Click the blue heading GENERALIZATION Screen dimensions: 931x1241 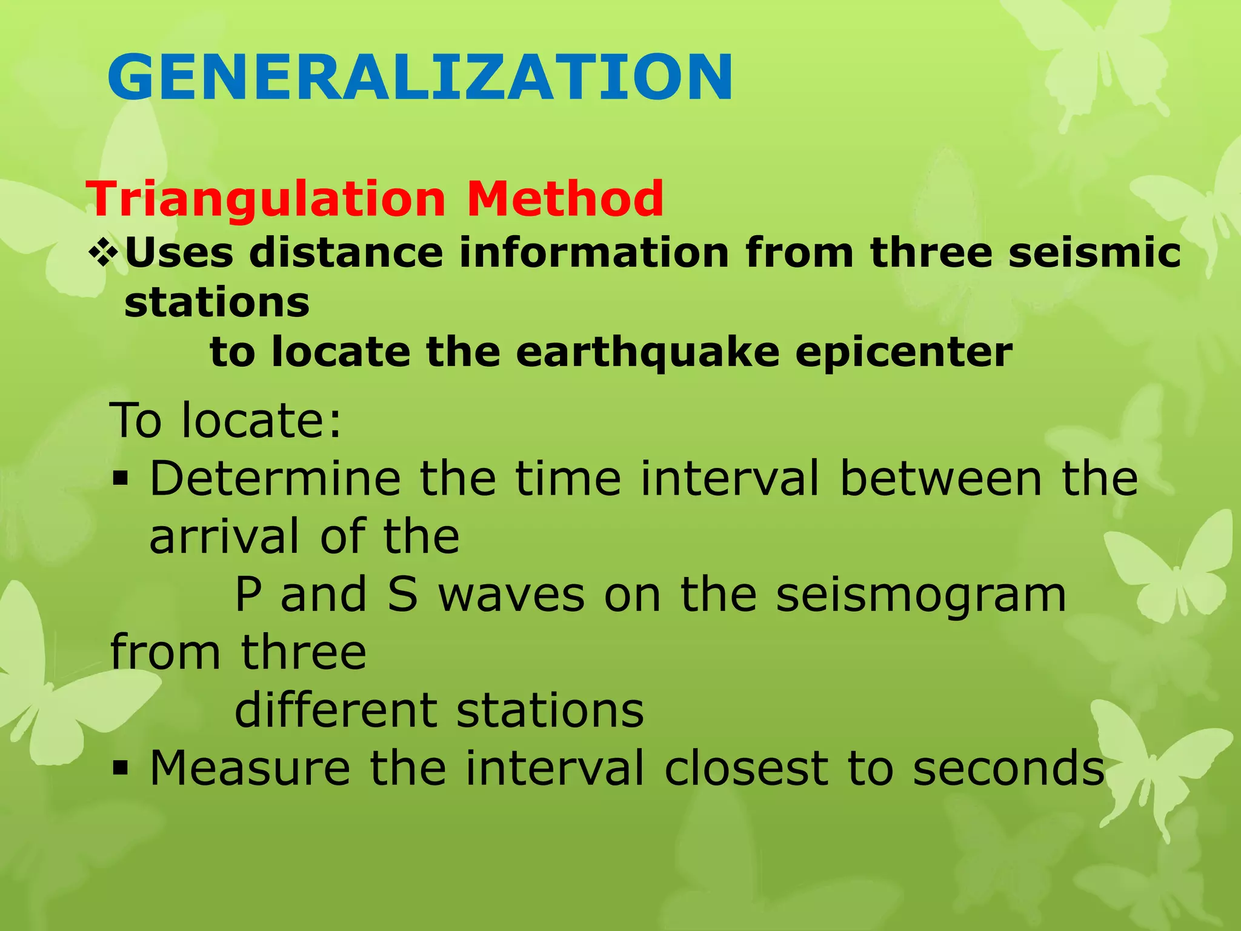coord(420,77)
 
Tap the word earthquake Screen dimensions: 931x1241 coord(647,353)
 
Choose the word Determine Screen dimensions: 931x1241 coord(275,479)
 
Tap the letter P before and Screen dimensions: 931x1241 coord(248,595)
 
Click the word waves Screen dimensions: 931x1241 coord(511,596)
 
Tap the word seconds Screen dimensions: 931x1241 coord(1008,769)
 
